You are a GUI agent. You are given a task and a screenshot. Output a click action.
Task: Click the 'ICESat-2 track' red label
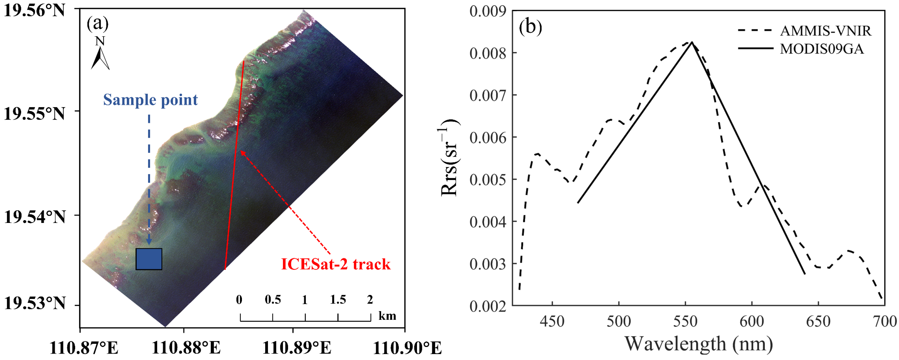tap(335, 264)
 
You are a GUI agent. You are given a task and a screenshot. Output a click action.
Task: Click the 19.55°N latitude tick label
tap(34, 113)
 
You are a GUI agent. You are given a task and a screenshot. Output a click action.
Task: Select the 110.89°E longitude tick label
tap(296, 347)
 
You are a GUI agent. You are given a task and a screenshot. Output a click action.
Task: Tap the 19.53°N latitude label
tap(34, 303)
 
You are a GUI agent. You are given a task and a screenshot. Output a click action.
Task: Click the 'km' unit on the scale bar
tap(387, 316)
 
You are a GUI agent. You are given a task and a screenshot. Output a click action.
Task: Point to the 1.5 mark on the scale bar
tap(338, 299)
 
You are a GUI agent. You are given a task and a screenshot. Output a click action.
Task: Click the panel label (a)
tap(98, 24)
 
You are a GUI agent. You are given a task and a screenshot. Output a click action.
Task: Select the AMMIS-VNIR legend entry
tap(825, 31)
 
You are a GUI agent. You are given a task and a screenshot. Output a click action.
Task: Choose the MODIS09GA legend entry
tap(822, 49)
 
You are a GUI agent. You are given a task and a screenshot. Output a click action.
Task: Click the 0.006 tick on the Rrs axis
tap(488, 138)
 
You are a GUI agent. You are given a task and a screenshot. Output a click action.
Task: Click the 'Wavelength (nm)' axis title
tap(698, 344)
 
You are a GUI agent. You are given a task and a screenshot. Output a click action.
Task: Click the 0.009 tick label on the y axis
tap(488, 11)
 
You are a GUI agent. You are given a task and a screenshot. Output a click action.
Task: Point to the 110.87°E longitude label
tap(84, 347)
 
